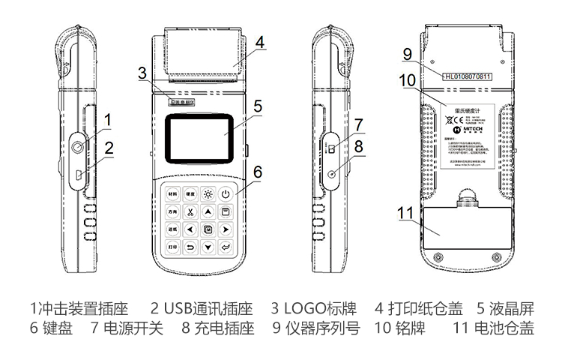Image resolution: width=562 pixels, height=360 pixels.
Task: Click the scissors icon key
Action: (x=190, y=212)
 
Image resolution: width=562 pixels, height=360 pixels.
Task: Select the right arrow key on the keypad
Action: (x=225, y=229)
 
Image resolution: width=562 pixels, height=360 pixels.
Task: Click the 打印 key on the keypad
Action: (x=173, y=247)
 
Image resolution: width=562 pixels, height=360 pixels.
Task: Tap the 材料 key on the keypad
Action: (x=173, y=194)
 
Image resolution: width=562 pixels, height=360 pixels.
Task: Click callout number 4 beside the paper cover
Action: (x=259, y=43)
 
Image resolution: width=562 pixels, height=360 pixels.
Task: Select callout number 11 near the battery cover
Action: (x=405, y=212)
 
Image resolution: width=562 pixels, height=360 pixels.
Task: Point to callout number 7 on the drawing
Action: (x=359, y=124)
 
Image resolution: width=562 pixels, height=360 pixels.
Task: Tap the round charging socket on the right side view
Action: (x=331, y=174)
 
